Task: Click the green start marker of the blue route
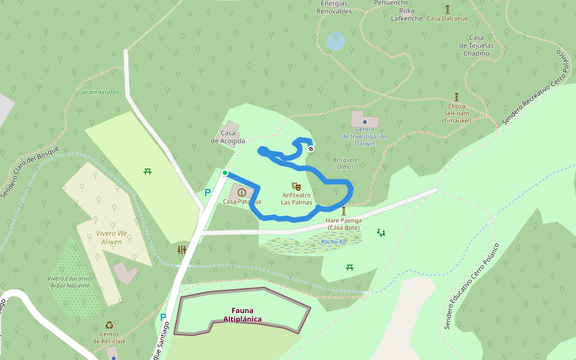(225, 173)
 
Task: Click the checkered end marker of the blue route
(311, 149)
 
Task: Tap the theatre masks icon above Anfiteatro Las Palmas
(295, 187)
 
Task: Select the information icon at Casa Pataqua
(242, 192)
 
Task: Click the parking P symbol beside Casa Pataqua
(208, 193)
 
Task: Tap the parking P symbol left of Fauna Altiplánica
(163, 317)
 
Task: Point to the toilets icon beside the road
(182, 250)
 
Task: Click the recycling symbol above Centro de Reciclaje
(109, 325)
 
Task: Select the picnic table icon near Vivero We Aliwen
(148, 172)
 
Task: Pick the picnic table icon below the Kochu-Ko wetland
(350, 267)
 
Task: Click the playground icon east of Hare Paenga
(380, 232)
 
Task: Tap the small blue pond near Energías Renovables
(336, 41)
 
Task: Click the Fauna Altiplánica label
(242, 315)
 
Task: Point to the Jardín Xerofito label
(100, 92)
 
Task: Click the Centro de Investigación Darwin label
(365, 136)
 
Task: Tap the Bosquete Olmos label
(345, 163)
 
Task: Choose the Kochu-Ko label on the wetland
(334, 242)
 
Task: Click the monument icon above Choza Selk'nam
(457, 97)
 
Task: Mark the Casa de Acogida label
(228, 137)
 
